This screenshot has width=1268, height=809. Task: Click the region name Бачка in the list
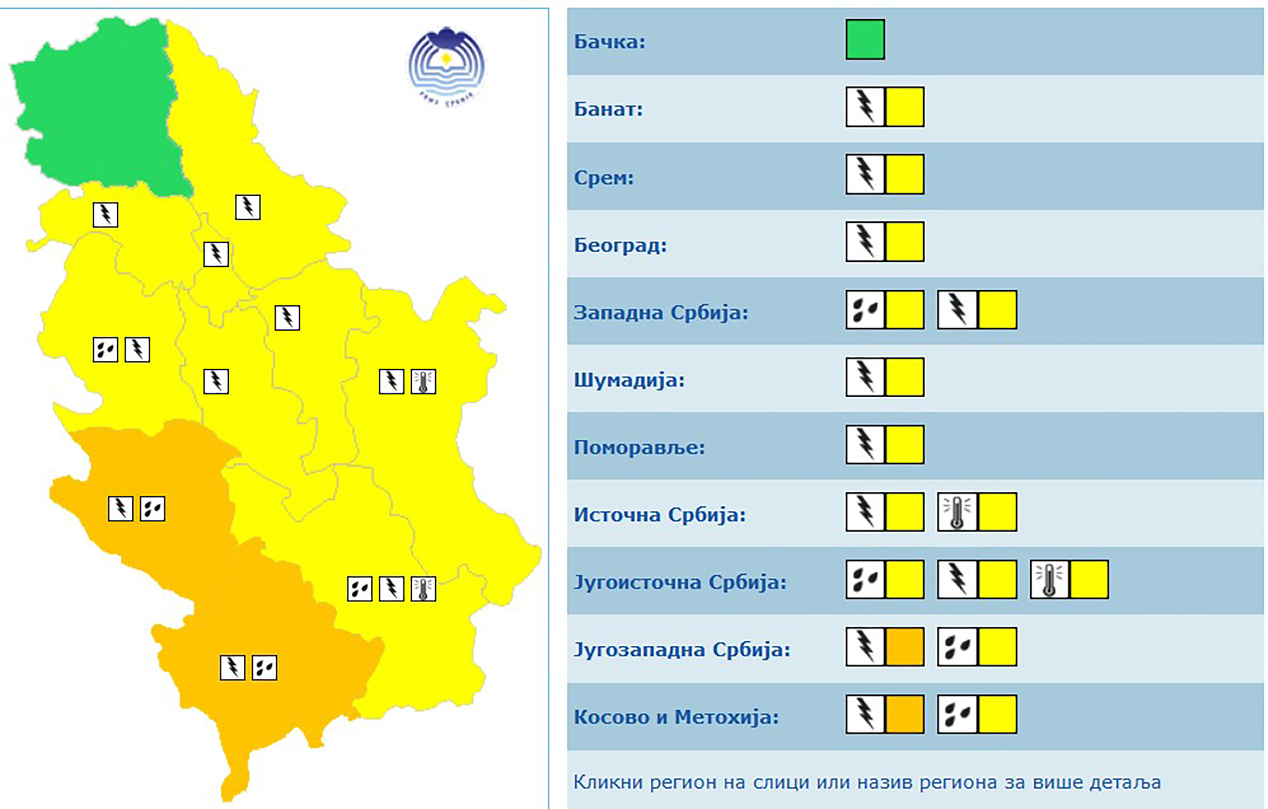point(609,42)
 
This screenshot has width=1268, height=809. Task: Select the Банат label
point(608,109)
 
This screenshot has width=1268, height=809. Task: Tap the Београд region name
point(620,245)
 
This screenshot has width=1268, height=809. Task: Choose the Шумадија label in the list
point(629,380)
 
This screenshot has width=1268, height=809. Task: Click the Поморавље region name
point(639,447)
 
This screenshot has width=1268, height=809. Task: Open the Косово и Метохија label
point(676,717)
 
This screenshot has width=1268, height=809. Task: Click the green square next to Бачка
point(865,40)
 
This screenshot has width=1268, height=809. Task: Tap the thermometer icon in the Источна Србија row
point(957,512)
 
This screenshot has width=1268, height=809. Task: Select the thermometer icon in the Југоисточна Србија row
point(1049,579)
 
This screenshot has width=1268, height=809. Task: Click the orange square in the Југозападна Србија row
point(905,647)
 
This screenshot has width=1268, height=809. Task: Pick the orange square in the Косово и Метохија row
point(905,714)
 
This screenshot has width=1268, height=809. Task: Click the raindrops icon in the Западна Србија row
point(865,310)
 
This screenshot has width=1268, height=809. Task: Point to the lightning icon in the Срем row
point(865,174)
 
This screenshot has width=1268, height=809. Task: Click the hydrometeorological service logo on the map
point(446,66)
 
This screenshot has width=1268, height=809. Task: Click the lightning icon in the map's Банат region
point(248,207)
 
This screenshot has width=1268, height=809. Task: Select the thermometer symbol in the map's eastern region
point(424,381)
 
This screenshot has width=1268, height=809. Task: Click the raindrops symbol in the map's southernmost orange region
point(264,668)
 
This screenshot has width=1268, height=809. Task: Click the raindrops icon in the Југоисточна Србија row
point(865,579)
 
